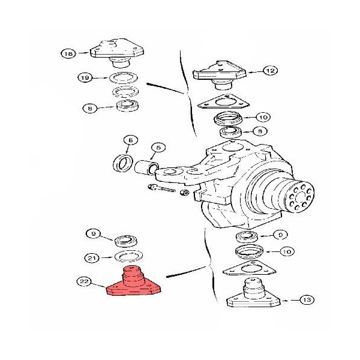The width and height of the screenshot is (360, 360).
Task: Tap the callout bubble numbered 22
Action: [84, 281]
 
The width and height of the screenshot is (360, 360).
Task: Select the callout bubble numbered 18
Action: [68, 54]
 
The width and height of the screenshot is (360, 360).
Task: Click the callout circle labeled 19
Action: [85, 77]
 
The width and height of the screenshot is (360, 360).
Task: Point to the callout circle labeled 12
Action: [270, 70]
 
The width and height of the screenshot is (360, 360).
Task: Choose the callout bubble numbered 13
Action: [307, 299]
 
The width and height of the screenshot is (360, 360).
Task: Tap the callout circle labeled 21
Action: [92, 258]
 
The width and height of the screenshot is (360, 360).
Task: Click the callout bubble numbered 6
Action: [131, 140]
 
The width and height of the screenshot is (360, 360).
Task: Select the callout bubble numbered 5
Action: [158, 148]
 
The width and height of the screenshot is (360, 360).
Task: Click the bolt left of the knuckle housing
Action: [161, 188]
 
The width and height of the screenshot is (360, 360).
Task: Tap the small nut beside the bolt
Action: [185, 193]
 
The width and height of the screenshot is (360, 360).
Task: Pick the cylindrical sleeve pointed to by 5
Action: [146, 167]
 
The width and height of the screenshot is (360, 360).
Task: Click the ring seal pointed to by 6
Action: [123, 163]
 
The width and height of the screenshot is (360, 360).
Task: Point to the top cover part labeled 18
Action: [117, 53]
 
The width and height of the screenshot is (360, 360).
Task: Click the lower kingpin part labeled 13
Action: [253, 295]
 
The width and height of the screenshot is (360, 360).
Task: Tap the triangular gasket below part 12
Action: [223, 103]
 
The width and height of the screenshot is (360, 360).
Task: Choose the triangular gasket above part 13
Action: [250, 269]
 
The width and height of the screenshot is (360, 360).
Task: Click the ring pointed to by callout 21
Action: [128, 256]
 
